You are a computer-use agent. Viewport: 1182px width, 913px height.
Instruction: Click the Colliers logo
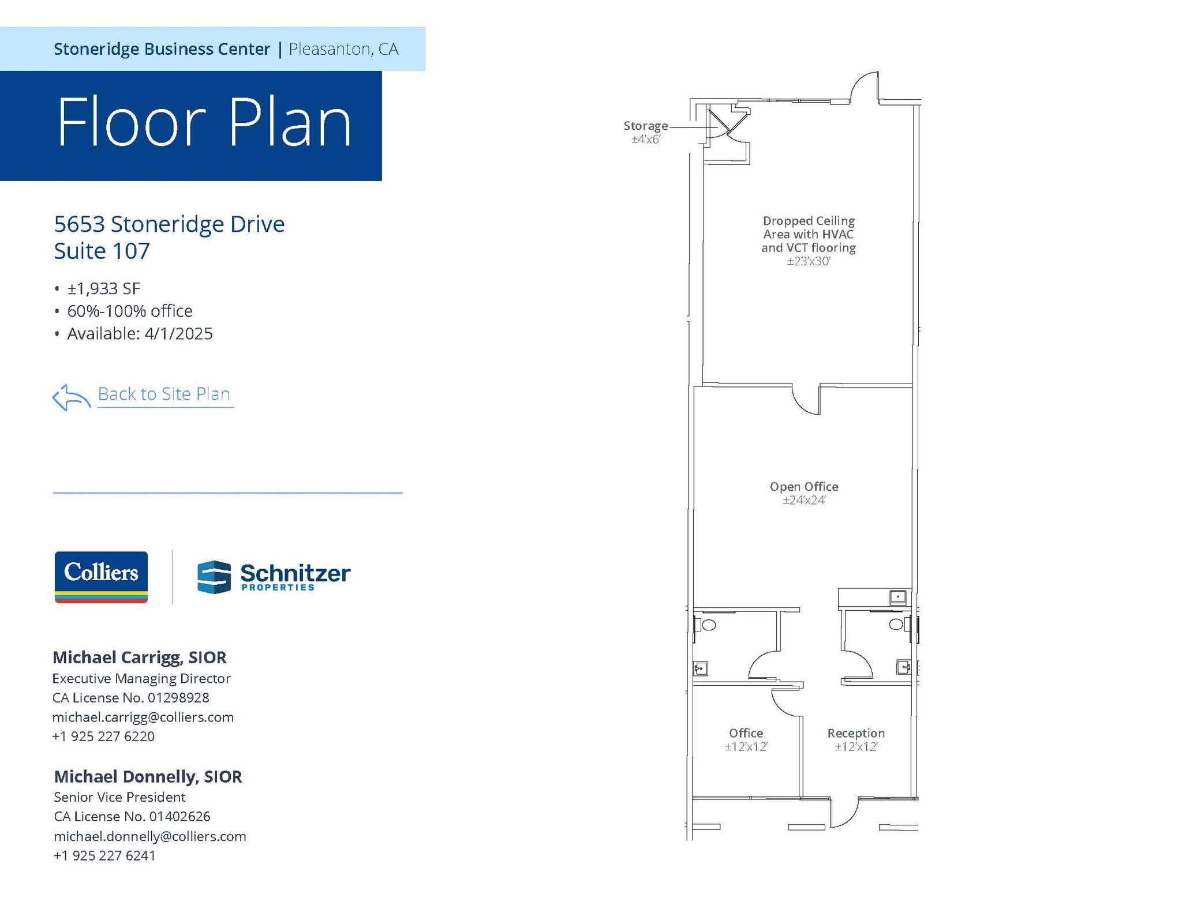click(x=101, y=576)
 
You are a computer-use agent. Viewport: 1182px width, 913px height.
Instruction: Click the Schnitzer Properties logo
click(x=274, y=576)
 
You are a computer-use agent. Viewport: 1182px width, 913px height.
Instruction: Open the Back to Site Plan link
click(x=164, y=394)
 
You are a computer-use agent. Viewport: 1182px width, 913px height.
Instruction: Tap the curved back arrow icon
click(x=70, y=397)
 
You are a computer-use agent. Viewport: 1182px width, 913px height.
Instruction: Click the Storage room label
click(x=645, y=126)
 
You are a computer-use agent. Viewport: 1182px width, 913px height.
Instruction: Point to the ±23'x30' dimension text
click(x=808, y=261)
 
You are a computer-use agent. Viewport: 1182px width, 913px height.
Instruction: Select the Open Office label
click(x=803, y=486)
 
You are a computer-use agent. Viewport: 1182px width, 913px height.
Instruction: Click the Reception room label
click(x=855, y=733)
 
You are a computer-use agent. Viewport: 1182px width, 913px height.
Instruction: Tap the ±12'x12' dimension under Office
click(x=746, y=747)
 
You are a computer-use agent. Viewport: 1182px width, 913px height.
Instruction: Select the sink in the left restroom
click(x=700, y=668)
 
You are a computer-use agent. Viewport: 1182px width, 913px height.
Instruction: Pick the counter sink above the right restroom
click(x=897, y=596)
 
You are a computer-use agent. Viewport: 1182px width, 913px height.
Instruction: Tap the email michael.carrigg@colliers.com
click(x=143, y=717)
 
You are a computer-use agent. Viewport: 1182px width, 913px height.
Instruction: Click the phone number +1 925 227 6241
click(x=104, y=855)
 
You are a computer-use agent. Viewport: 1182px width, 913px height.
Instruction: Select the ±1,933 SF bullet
click(x=103, y=288)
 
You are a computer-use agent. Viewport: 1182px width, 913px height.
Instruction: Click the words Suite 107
click(x=102, y=251)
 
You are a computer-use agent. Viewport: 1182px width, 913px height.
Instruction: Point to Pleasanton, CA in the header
click(x=343, y=49)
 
